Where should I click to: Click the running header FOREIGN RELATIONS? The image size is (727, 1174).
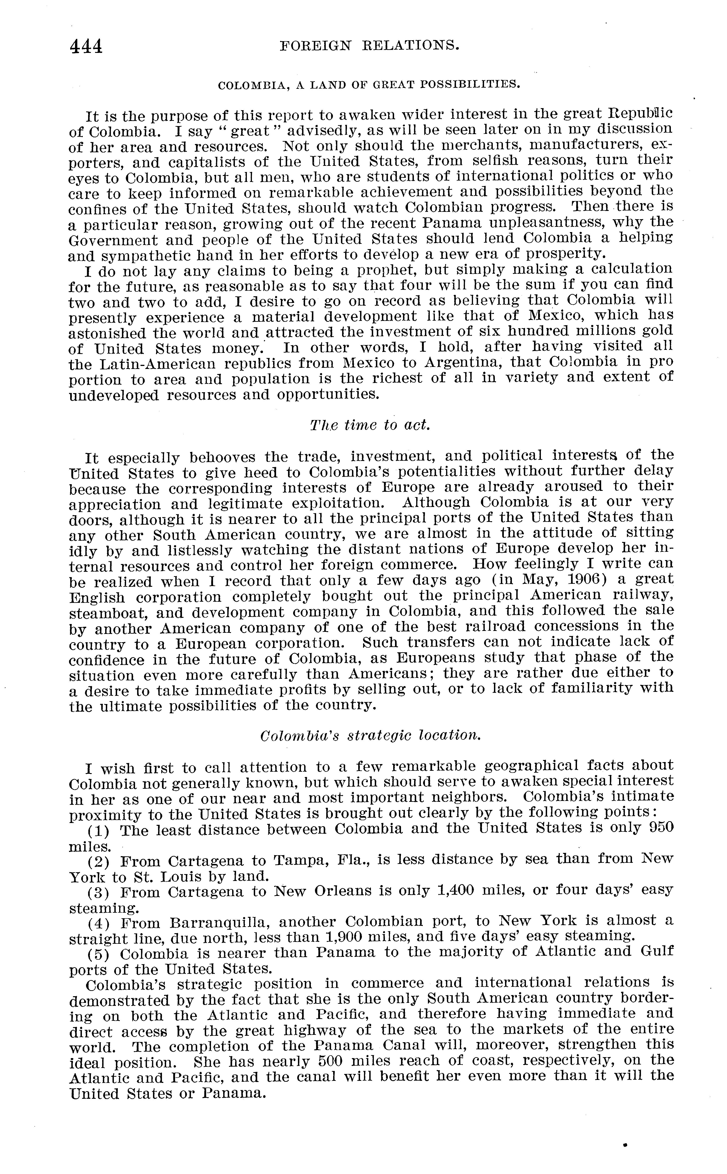(x=369, y=46)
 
